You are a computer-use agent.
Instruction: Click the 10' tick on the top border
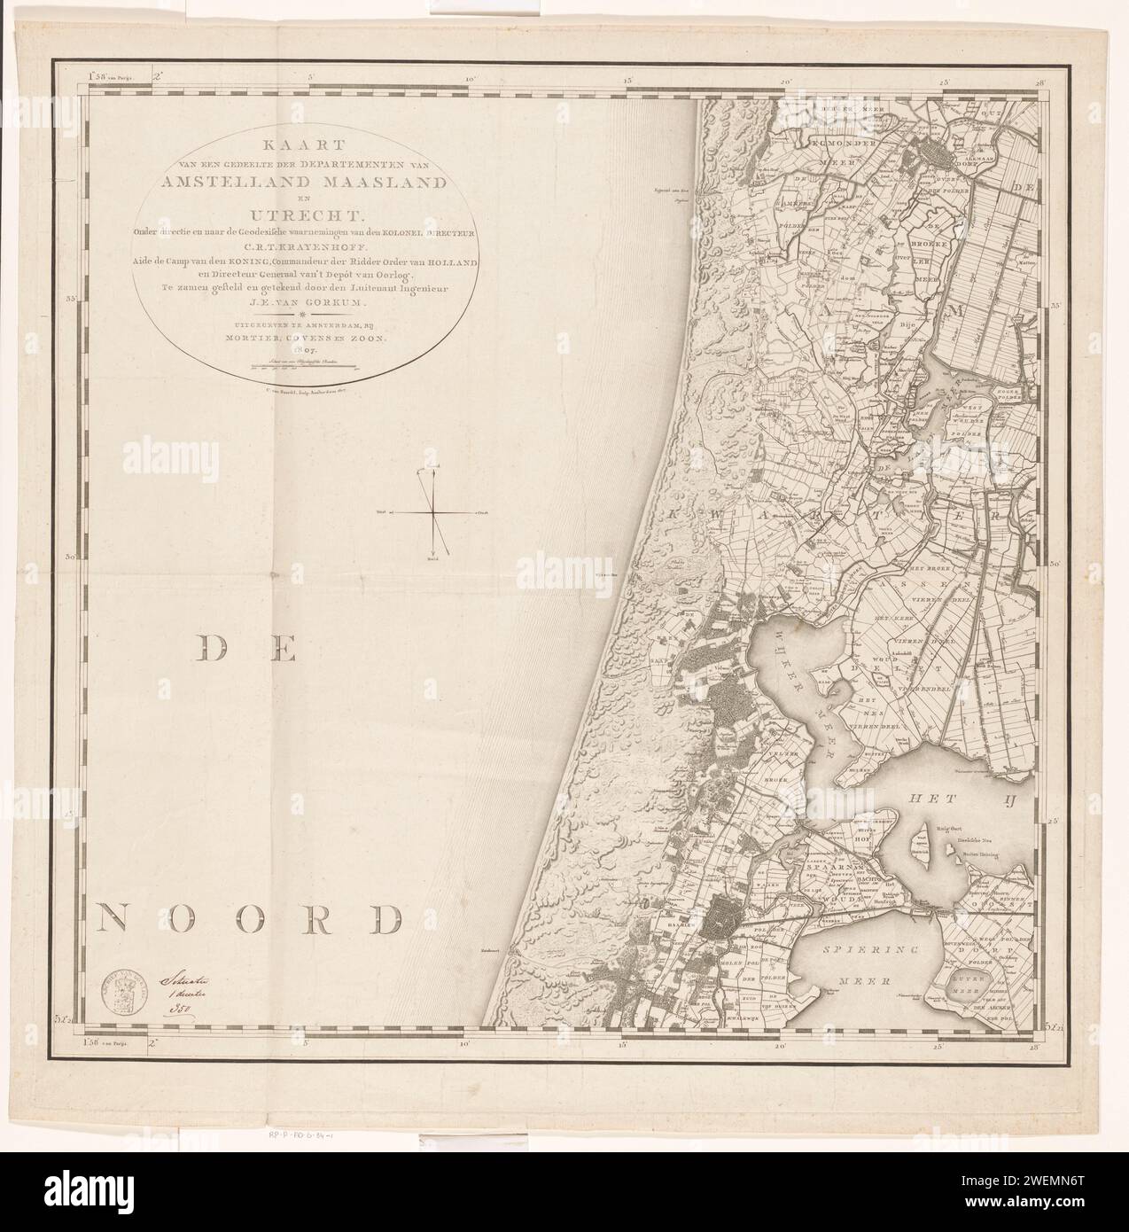click(469, 81)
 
